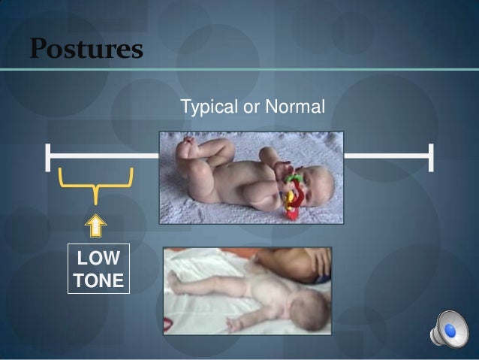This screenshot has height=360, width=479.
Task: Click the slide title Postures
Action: (86, 50)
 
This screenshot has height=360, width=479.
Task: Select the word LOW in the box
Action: (96, 259)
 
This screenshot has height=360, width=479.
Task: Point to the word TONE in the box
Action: (96, 280)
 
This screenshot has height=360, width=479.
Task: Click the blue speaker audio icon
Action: (447, 329)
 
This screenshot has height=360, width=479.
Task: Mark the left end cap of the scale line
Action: (47, 156)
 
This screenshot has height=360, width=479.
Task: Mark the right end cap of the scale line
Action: (432, 156)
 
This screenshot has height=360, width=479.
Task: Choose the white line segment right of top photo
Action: (387, 156)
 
